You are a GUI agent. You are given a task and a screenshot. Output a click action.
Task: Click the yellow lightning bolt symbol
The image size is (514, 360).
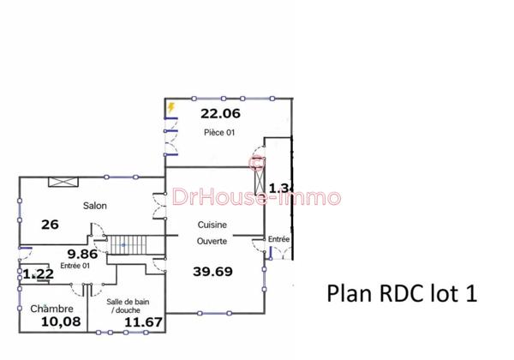point(171,108)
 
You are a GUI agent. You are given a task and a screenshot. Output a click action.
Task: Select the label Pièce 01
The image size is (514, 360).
point(219,132)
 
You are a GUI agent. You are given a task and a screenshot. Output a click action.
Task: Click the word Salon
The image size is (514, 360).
point(94,206)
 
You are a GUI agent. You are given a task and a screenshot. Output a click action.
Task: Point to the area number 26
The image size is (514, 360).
point(50,225)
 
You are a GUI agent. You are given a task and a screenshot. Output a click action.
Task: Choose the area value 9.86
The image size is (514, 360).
point(82,254)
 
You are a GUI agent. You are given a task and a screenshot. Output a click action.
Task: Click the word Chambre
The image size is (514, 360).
point(51,309)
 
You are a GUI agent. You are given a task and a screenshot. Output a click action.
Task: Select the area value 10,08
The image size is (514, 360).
point(61,321)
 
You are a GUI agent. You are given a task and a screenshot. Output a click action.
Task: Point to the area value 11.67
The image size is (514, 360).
point(142,322)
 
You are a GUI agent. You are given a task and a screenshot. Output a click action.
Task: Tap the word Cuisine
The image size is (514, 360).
point(212,225)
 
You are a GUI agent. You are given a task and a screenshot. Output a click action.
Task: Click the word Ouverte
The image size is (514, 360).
point(212,242)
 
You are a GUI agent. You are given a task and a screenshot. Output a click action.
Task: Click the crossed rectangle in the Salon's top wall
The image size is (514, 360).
point(63,181)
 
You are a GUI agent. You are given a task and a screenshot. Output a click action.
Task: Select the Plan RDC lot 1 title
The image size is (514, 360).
point(401,292)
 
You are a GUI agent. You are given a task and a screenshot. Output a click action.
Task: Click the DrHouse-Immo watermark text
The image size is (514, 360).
point(257,198)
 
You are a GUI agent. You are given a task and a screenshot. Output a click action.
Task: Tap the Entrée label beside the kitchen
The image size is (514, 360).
point(279,238)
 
